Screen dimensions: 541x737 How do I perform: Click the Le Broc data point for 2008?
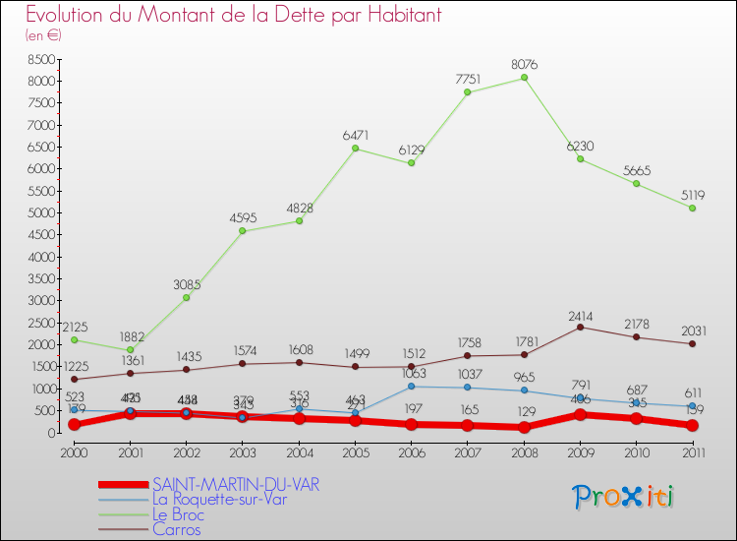pyautogui.click(x=524, y=78)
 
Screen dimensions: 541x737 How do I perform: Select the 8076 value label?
pyautogui.click(x=524, y=65)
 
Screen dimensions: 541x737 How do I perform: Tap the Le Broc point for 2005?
pyautogui.click(x=355, y=149)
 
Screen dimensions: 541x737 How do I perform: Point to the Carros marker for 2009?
pyautogui.click(x=580, y=327)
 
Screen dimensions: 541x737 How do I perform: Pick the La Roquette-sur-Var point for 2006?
pyautogui.click(x=411, y=387)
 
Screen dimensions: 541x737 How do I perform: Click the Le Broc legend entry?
pyautogui.click(x=179, y=513)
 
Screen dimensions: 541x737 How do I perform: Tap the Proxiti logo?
pyautogui.click(x=624, y=497)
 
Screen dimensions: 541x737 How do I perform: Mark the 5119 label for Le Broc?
pyautogui.click(x=693, y=195)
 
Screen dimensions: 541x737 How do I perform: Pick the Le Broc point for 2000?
pyautogui.click(x=74, y=339)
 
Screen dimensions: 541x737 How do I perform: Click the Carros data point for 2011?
pyautogui.click(x=693, y=343)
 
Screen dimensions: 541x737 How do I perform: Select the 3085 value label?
pyautogui.click(x=186, y=285)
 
